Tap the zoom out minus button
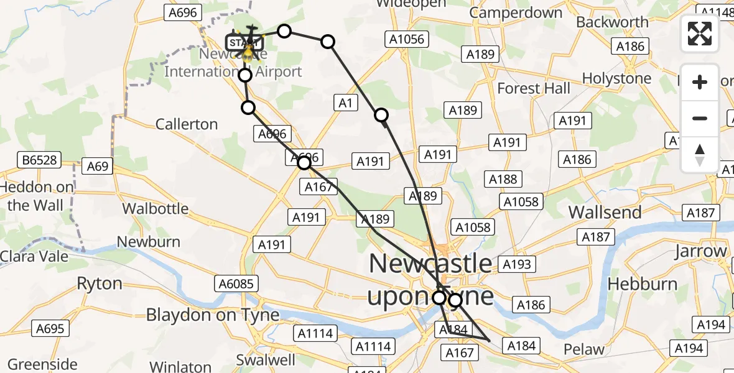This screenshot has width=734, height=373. click(x=700, y=118)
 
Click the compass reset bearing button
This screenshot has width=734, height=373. click(x=700, y=155)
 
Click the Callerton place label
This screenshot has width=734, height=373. click(x=187, y=124)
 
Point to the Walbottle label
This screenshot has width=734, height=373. click(x=155, y=208)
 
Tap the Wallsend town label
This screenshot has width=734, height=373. click(x=605, y=213)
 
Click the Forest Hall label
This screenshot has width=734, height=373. click(x=534, y=88)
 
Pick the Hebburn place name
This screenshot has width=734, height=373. click(x=643, y=284)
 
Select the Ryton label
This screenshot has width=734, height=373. click(x=99, y=284)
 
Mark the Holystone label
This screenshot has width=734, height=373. click(x=616, y=79)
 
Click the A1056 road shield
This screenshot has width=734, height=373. click(x=407, y=40)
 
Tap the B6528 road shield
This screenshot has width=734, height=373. click(x=39, y=160)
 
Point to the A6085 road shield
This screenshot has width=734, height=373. click(x=236, y=284)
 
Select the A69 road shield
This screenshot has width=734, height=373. click(x=98, y=166)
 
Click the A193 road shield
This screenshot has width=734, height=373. click(x=517, y=265)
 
